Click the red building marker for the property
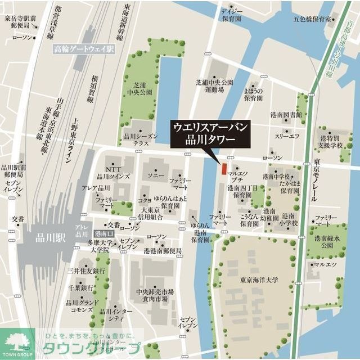pyautogui.click(x=223, y=168)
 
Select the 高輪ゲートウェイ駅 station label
pyautogui.click(x=84, y=49)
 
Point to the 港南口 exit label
pyautogui.click(x=104, y=233)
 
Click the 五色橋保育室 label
pyautogui.click(x=312, y=19)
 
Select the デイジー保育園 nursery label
pyautogui.click(x=231, y=15)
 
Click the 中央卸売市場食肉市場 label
pyautogui.click(x=155, y=296)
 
